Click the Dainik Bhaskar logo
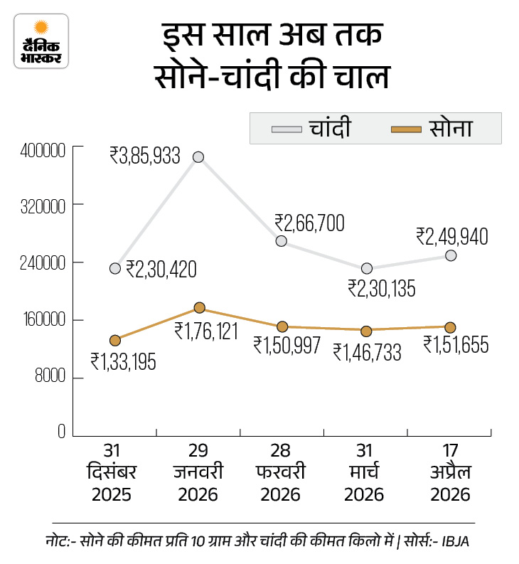tap(41, 41)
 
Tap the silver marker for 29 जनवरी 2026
tap(199, 156)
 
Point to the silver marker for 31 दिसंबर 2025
tap(115, 268)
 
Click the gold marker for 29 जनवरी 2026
tap(199, 308)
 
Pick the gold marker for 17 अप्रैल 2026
tap(450, 327)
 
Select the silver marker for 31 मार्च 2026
tap(366, 268)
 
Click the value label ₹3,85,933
tap(145, 155)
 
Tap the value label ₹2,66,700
tap(309, 223)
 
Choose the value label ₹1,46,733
tap(368, 351)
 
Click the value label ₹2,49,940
tap(452, 236)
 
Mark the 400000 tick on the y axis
tap(43, 151)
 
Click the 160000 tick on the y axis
tap(43, 320)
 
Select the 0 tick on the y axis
tap(61, 432)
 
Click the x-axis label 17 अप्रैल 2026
tap(450, 473)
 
